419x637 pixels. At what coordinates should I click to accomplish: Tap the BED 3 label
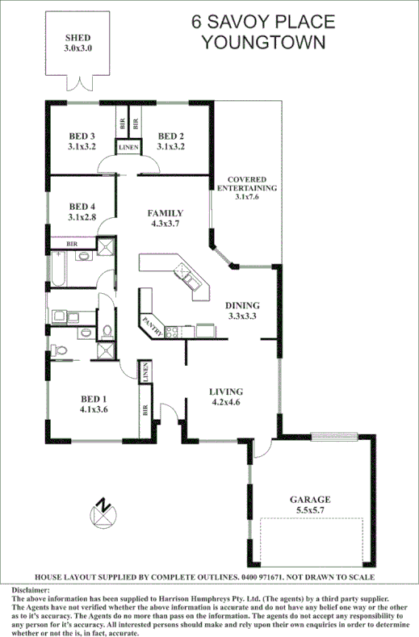[x=82, y=136]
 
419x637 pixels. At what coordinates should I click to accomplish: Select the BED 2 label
[x=172, y=136]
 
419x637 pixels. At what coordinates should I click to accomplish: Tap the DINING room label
[x=242, y=305]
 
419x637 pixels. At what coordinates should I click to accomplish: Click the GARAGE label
[x=311, y=500]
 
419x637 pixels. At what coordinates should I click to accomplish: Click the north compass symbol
[x=103, y=513]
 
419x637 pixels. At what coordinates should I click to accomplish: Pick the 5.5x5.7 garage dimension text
[x=311, y=511]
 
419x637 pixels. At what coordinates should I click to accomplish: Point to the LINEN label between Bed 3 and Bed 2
[x=128, y=148]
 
